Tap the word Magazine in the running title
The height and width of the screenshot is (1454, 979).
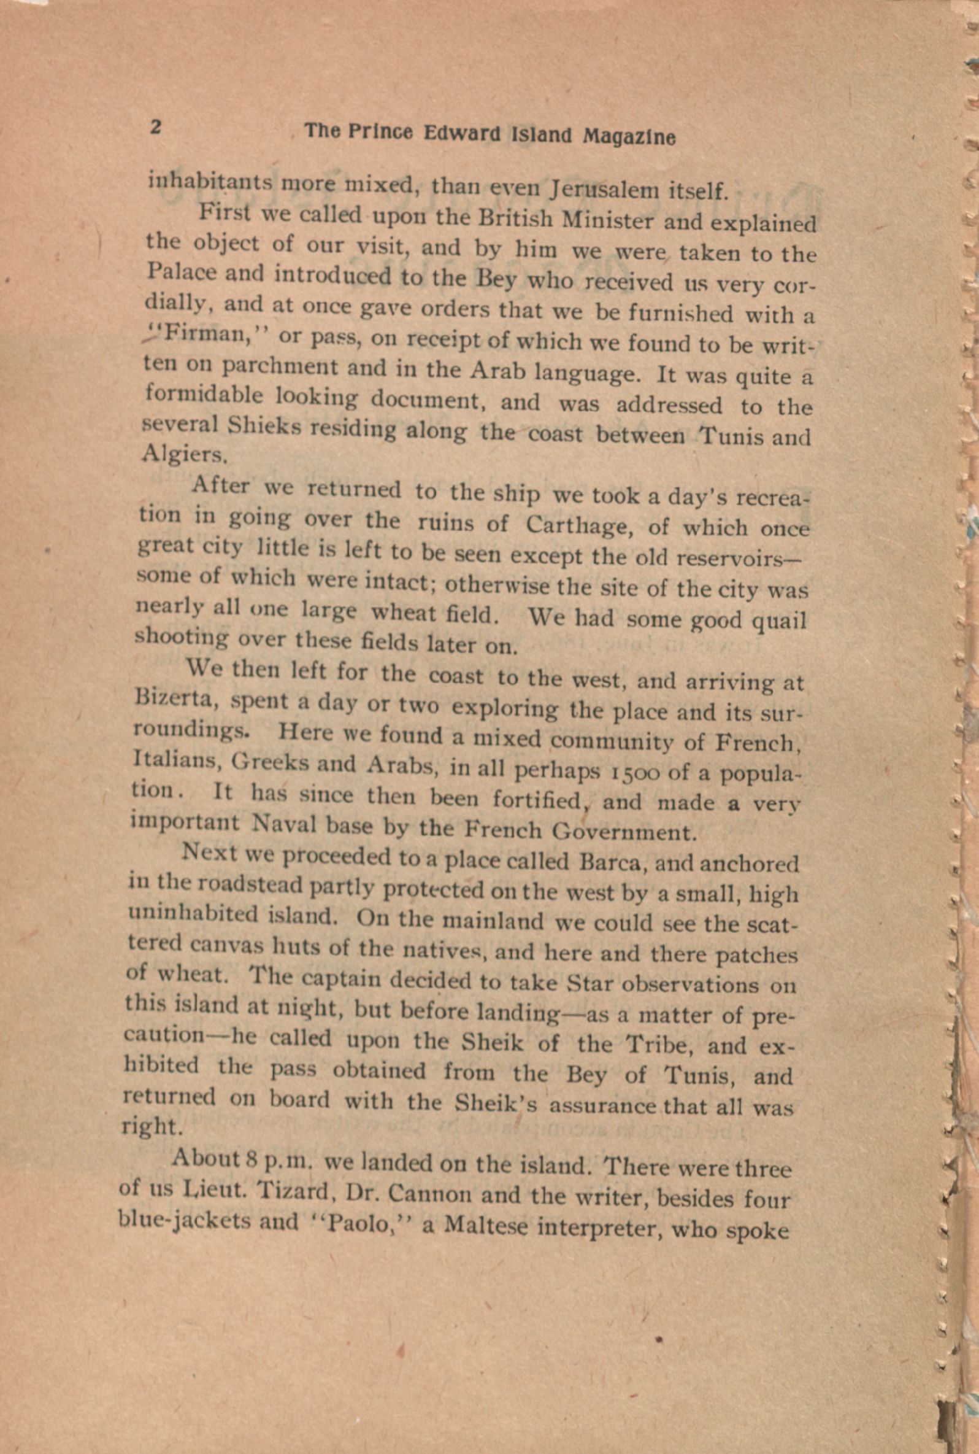629,137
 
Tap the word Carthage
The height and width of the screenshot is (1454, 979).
577,524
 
